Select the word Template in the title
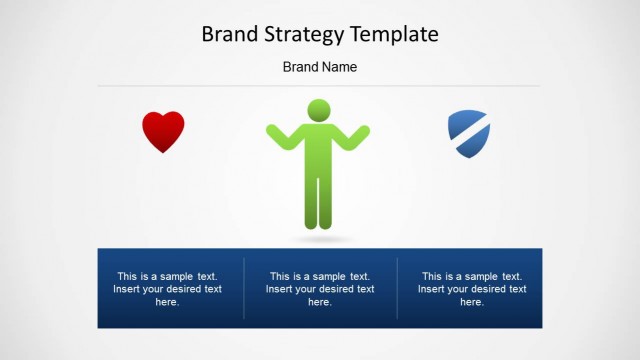tap(394, 35)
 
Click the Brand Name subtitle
tap(320, 67)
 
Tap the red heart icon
tap(163, 130)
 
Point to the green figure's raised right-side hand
tap(363, 131)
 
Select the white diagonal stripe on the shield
tap(468, 136)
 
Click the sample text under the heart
tap(168, 289)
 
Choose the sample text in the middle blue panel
tap(320, 289)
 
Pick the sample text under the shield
tap(472, 289)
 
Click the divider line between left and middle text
tap(244, 288)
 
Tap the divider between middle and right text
tap(397, 288)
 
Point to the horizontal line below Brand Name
tap(320, 86)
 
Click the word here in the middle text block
tap(320, 302)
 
